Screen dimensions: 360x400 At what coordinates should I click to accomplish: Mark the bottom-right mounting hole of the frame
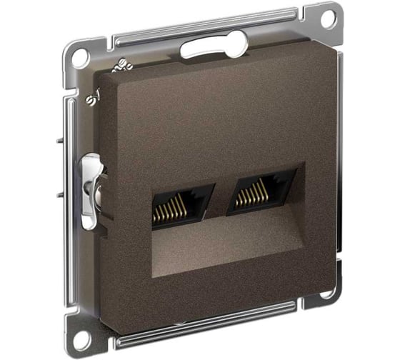tap(326, 296)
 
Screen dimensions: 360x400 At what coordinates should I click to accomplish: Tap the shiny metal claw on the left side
tap(90, 190)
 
